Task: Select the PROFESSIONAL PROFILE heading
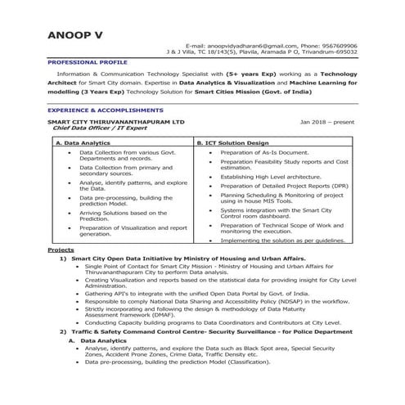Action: click(x=87, y=62)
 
